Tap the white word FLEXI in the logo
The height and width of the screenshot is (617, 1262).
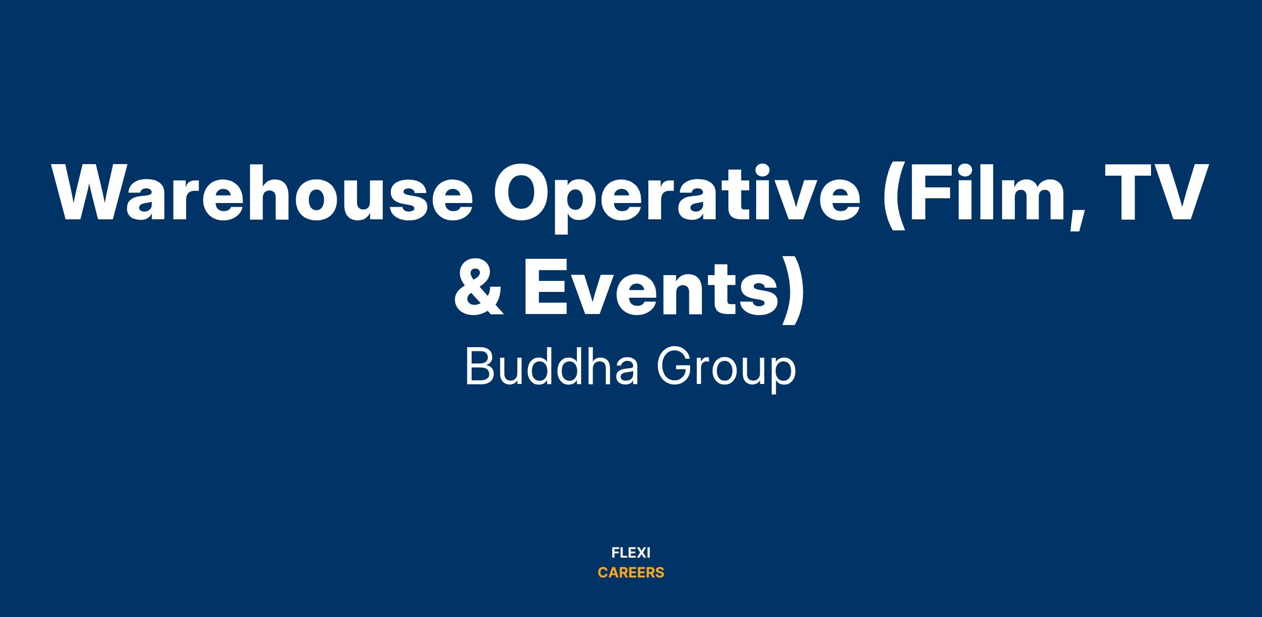pos(631,553)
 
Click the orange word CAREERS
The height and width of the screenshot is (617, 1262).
pos(631,573)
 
